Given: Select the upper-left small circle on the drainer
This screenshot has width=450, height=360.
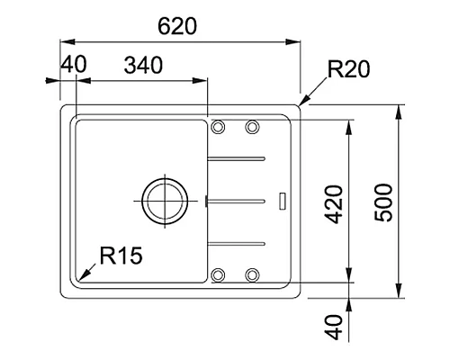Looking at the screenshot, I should click(x=218, y=127).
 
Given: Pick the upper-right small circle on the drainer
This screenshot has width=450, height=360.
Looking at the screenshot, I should click(x=252, y=127).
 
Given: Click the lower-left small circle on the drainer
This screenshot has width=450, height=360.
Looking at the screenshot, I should click(x=218, y=274).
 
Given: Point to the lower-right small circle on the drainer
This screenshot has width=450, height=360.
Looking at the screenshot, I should click(x=252, y=274).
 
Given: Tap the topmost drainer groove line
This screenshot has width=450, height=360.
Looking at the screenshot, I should click(x=237, y=158).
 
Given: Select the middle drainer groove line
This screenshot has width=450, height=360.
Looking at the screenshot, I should click(x=237, y=197).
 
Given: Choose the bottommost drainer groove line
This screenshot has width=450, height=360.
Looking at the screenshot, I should click(x=237, y=242).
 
